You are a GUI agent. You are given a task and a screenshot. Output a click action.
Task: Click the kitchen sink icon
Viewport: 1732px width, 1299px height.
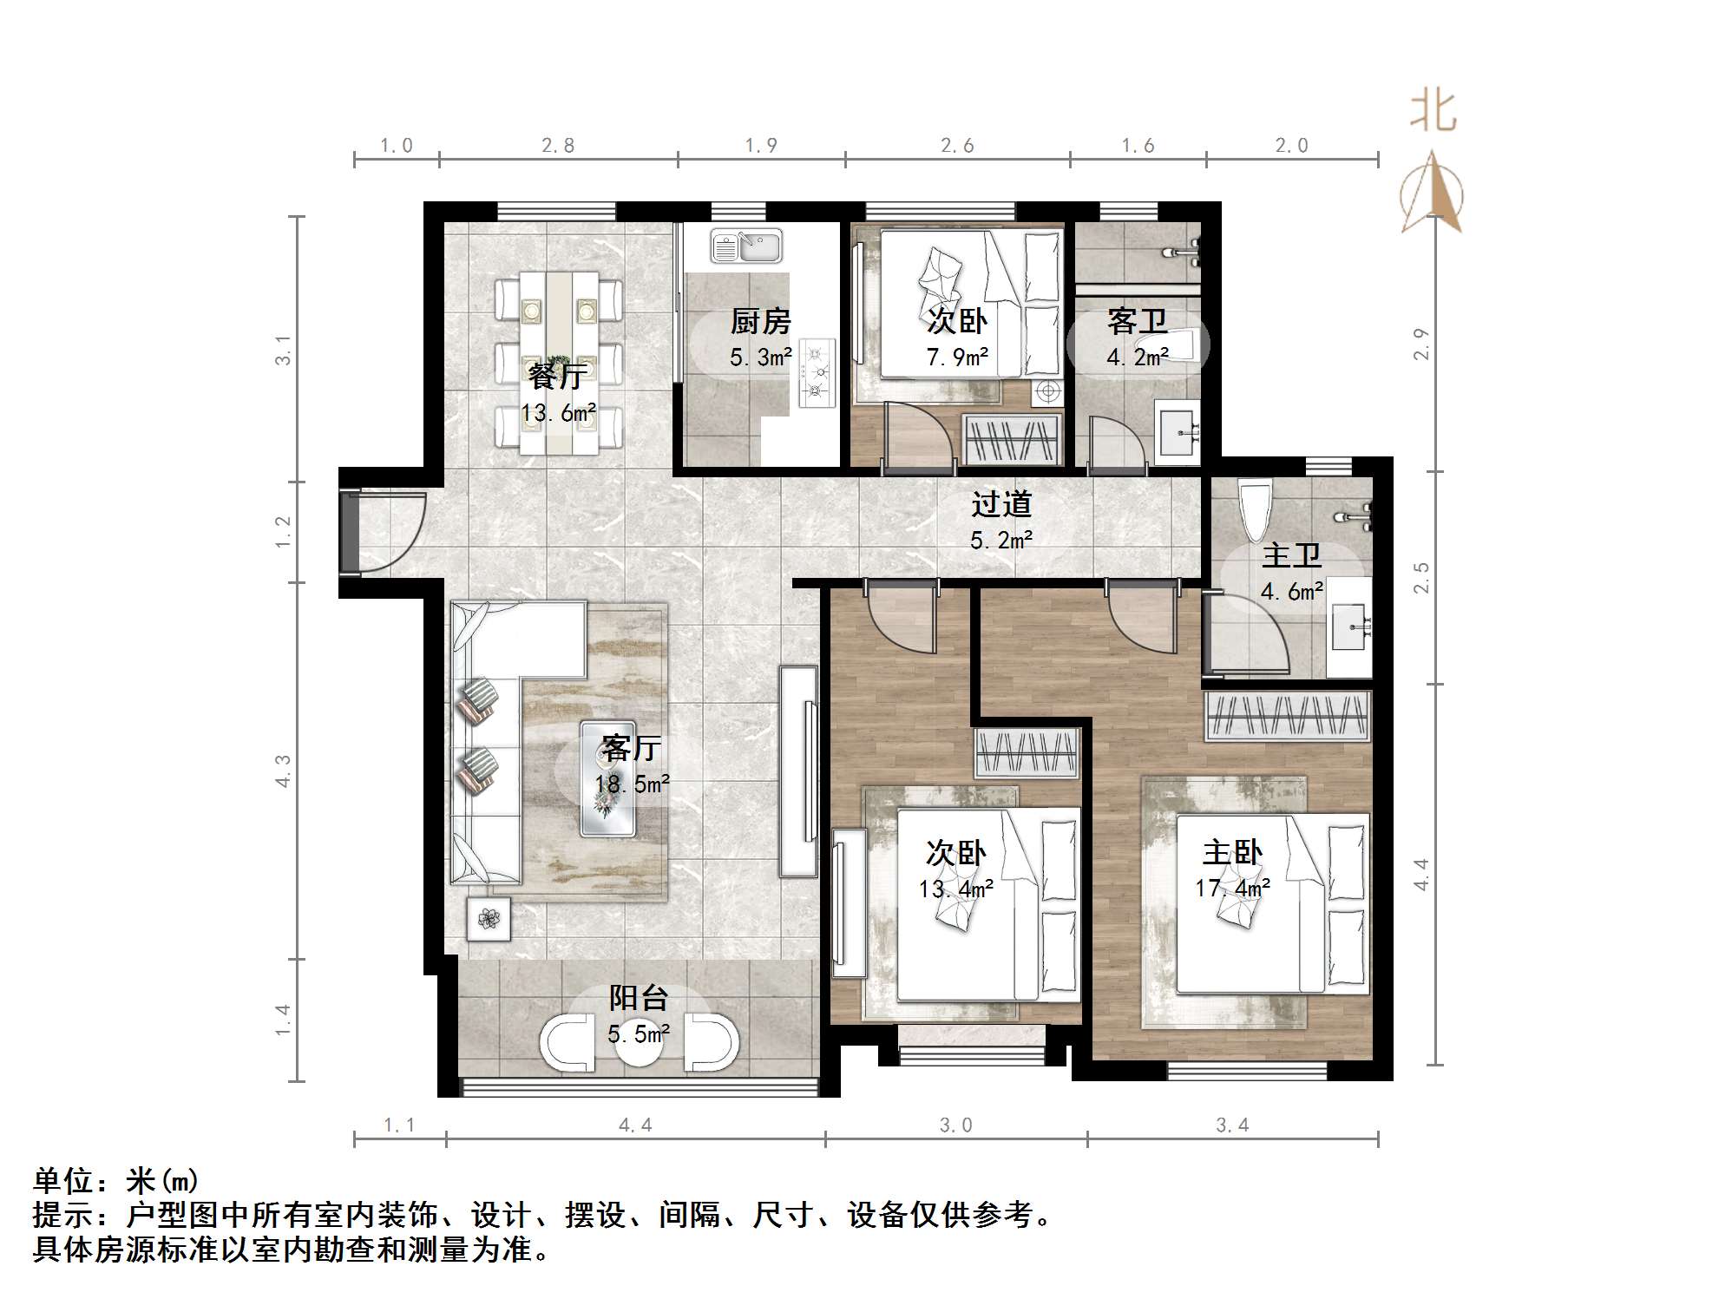pos(746,246)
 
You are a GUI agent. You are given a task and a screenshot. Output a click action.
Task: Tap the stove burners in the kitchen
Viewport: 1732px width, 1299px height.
pos(817,373)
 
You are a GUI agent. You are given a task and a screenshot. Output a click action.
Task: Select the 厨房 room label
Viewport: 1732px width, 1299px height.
pos(760,322)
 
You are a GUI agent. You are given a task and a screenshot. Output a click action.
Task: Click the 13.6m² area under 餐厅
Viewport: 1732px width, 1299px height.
pos(558,413)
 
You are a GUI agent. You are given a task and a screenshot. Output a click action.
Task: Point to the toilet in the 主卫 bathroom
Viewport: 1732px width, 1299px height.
pos(1256,508)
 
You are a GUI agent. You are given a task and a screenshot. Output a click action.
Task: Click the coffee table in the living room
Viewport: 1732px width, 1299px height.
pos(607,779)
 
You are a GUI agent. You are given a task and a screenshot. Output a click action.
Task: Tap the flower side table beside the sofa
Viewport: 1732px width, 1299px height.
pos(489,919)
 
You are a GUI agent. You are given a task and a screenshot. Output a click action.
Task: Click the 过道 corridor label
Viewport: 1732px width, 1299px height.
pos(1001,505)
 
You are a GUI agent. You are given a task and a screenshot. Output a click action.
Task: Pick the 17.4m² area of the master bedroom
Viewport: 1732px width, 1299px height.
pos(1232,889)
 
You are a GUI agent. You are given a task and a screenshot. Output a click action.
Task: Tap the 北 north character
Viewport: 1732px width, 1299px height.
pos(1433,112)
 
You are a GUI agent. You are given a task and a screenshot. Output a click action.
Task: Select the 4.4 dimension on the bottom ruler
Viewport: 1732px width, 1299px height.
pos(635,1125)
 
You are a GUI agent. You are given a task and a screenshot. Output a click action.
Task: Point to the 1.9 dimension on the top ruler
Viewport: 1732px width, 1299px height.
pos(761,146)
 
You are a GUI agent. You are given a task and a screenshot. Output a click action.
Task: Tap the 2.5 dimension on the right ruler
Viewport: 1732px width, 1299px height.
pos(1420,577)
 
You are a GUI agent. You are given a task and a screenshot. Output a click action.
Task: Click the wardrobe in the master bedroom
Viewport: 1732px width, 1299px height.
pos(1289,716)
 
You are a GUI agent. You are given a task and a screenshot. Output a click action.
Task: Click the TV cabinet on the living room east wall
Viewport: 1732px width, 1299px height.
pos(798,771)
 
